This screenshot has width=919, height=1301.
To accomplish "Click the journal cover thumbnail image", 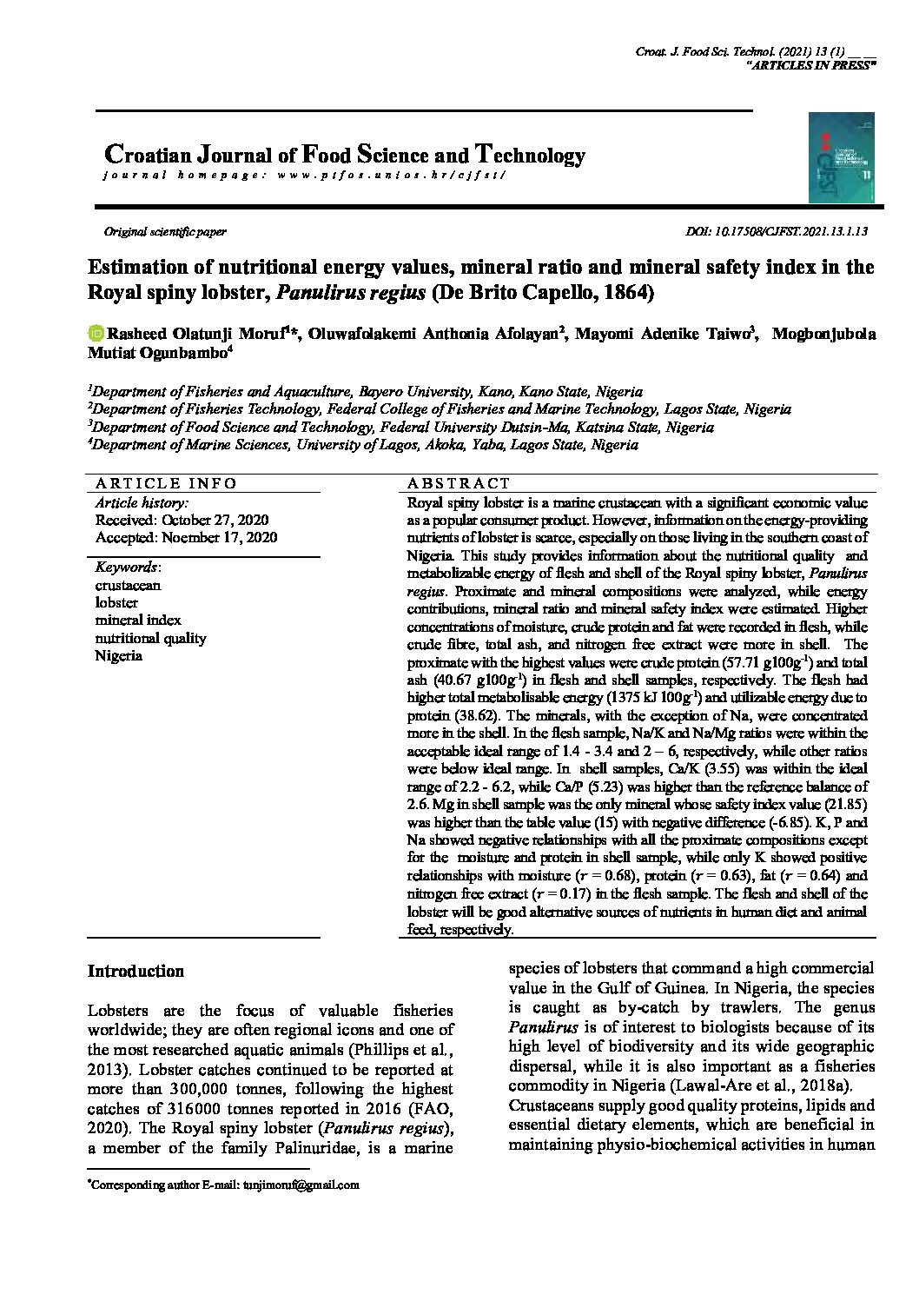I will click(x=842, y=156).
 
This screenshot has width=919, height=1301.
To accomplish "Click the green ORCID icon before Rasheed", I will click(x=96, y=334).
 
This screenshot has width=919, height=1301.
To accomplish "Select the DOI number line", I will click(x=777, y=232).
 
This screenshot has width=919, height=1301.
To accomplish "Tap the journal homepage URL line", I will click(x=303, y=175).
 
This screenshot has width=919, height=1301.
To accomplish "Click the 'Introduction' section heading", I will click(x=136, y=972).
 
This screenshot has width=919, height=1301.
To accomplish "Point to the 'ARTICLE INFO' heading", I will click(x=166, y=484).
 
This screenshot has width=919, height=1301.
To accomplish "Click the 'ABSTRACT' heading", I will click(x=459, y=484).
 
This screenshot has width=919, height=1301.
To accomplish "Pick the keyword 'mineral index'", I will click(x=138, y=621).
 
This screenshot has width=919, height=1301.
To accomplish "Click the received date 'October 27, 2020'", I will click(x=213, y=520).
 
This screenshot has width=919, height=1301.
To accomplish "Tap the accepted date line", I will click(x=186, y=538).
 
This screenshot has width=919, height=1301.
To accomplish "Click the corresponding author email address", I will click(x=301, y=1185).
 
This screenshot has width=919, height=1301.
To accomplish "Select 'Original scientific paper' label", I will click(x=165, y=232).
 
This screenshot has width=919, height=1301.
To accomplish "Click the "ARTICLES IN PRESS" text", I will click(x=811, y=65).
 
